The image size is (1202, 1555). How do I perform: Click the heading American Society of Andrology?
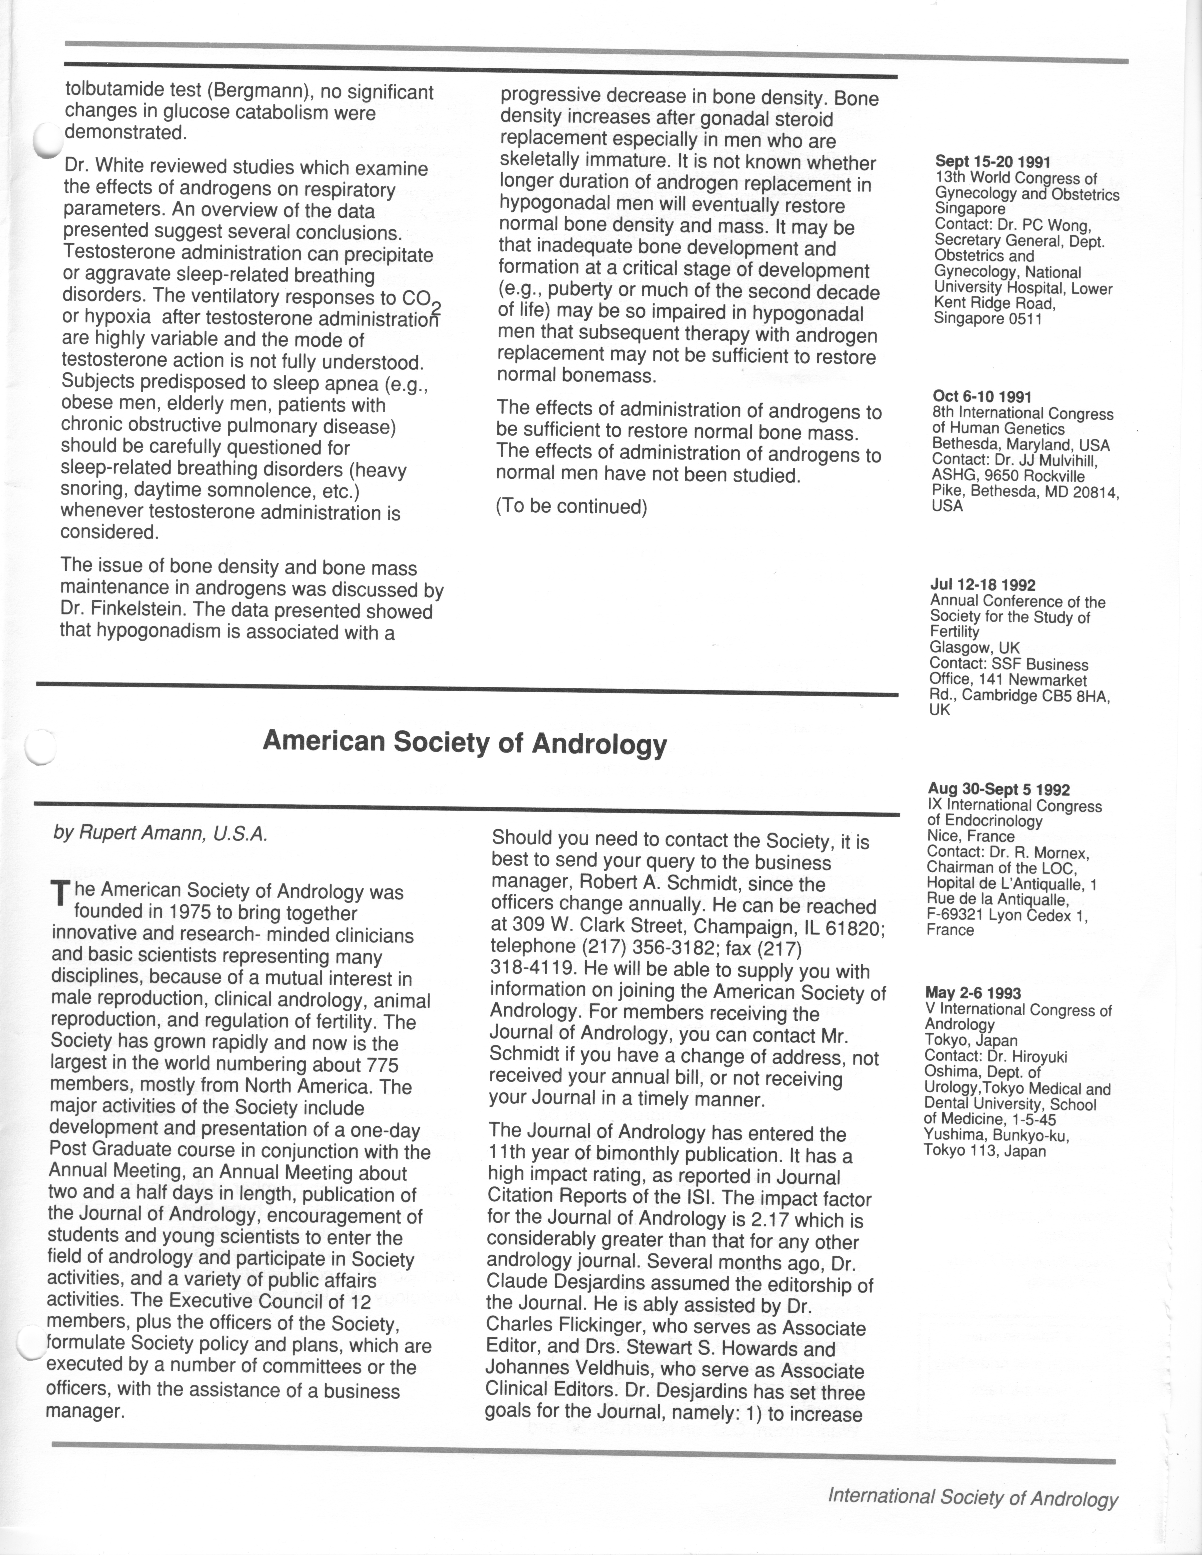pyautogui.click(x=464, y=743)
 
